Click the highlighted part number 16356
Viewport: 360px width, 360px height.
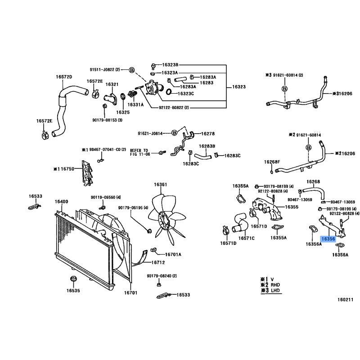tap(328, 239)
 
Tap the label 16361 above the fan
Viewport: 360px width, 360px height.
tap(161, 184)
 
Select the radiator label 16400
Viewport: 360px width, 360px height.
tap(61, 202)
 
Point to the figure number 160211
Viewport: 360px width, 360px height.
tap(345, 300)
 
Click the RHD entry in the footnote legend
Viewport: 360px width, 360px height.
tap(275, 285)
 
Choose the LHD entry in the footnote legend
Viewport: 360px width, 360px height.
tap(275, 290)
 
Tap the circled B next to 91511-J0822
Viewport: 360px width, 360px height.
tap(131, 70)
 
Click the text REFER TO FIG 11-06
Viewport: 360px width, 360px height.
tap(140, 153)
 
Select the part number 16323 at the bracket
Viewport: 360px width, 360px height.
tap(239, 87)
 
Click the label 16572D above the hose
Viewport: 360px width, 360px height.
tap(64, 76)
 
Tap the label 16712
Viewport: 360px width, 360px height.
tap(158, 262)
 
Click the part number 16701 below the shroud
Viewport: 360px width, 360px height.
tap(130, 293)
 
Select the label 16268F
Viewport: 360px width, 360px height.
tap(272, 162)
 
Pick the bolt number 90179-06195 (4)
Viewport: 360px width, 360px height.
tap(133, 208)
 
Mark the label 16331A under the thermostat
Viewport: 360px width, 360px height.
tap(135, 105)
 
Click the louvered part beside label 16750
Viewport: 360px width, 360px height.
tap(87, 173)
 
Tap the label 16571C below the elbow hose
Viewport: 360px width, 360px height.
tap(246, 238)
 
